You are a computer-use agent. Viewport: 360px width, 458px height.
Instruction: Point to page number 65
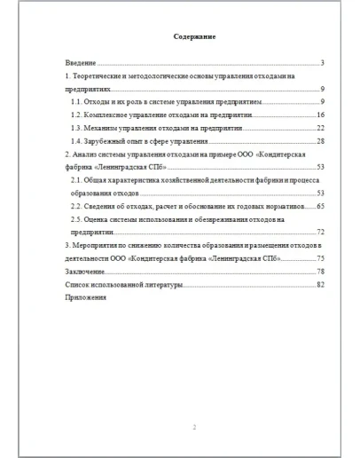click(x=320, y=205)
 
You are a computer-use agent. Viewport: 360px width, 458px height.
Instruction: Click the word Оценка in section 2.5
click(x=101, y=218)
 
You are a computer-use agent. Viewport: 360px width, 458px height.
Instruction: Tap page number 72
click(x=320, y=231)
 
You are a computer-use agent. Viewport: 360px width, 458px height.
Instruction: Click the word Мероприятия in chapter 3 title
click(x=94, y=244)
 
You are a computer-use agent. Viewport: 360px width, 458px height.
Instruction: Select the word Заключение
click(x=84, y=270)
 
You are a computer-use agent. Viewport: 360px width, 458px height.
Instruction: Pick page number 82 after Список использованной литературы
click(x=320, y=283)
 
